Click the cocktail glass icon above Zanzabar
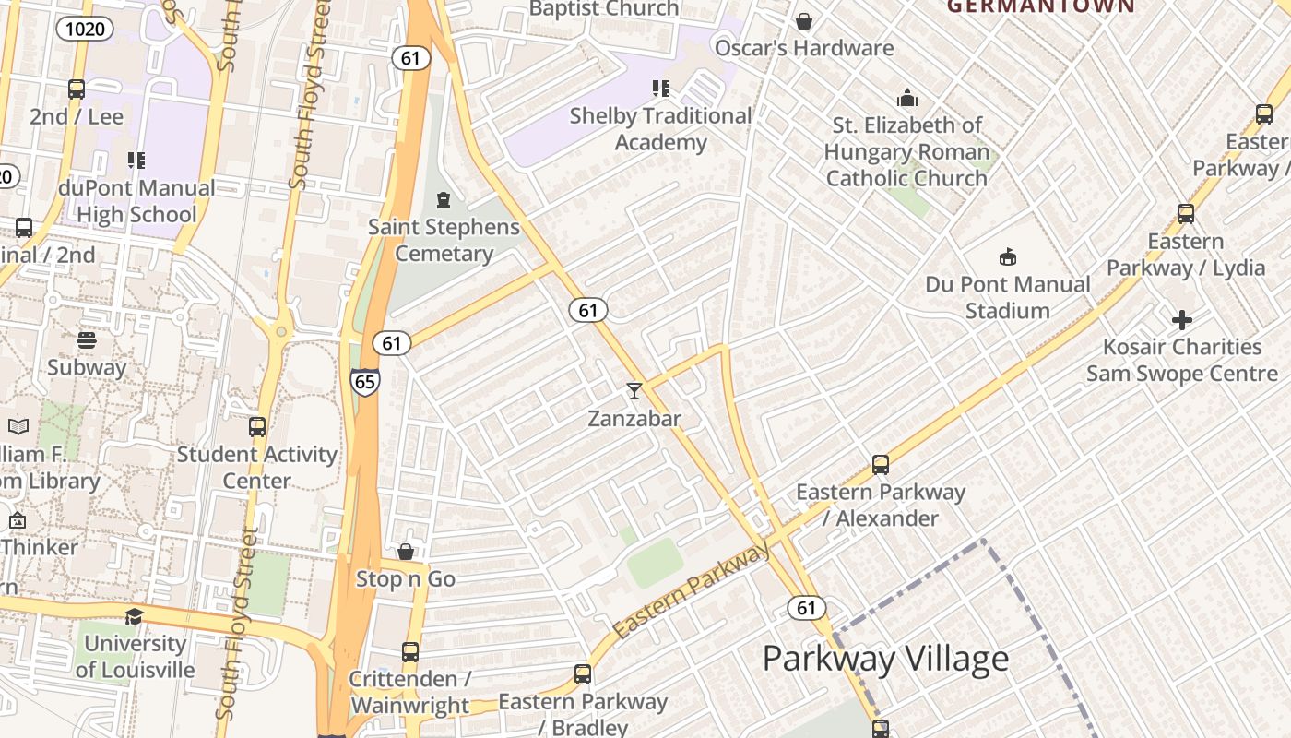[x=634, y=390]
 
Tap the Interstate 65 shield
[x=364, y=381]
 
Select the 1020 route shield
[x=86, y=29]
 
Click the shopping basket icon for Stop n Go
[x=406, y=552]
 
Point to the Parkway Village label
[x=885, y=659]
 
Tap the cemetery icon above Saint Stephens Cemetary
[x=444, y=199]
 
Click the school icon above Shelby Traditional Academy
[x=660, y=89]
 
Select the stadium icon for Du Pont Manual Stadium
[x=1007, y=256]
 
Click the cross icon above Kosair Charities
[x=1182, y=320]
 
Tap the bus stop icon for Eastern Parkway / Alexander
[x=881, y=464]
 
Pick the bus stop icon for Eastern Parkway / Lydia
[x=1186, y=214]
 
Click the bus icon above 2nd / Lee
[x=77, y=89]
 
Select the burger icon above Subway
[x=87, y=340]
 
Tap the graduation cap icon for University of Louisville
[x=135, y=616]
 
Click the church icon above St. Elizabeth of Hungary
[x=907, y=98]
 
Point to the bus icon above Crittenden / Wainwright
[x=410, y=652]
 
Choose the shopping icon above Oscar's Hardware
[x=804, y=21]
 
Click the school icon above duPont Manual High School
[x=136, y=161]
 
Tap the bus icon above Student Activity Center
[x=257, y=427]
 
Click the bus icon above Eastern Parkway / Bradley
[x=583, y=674]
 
